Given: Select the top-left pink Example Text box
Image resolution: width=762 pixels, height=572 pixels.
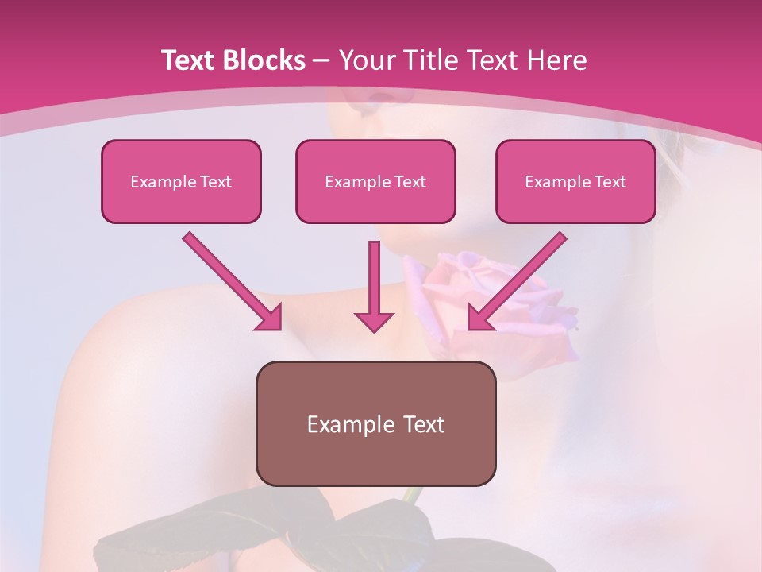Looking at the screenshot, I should tap(181, 182).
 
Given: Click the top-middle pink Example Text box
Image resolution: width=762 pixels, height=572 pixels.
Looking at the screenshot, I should tap(375, 182).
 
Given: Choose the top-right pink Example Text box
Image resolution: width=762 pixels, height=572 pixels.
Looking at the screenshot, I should tap(575, 182).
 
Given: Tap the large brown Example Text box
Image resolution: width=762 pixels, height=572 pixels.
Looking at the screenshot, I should tap(375, 424).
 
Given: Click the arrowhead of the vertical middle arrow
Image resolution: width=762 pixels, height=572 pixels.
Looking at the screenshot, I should tap(374, 321).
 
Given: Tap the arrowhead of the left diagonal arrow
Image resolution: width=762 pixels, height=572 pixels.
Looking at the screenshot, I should tap(270, 319).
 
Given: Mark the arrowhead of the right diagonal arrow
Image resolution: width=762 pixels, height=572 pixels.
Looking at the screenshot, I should tap(479, 319).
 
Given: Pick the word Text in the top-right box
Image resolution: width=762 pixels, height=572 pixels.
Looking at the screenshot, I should tap(610, 182).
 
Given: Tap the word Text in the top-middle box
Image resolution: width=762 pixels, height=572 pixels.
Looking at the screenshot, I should tap(410, 182).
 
